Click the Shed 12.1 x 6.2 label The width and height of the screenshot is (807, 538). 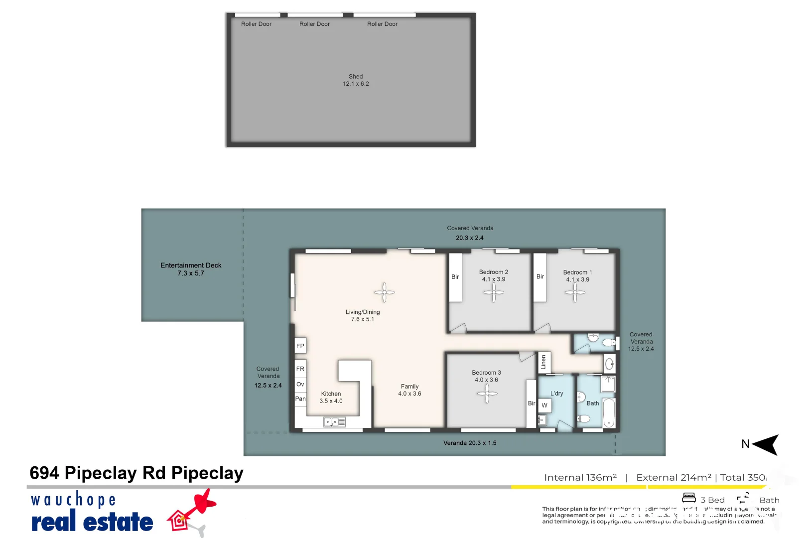(x=356, y=80)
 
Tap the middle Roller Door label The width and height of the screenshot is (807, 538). (x=314, y=24)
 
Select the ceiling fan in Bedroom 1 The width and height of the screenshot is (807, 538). (x=575, y=292)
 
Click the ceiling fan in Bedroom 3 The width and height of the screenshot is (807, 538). (x=487, y=394)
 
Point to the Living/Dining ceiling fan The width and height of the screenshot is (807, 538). (x=385, y=292)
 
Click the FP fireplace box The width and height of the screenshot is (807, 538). (x=300, y=346)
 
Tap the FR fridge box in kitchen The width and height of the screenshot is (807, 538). (x=300, y=369)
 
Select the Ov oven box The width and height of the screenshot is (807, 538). (x=300, y=385)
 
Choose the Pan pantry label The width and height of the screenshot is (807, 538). (x=300, y=399)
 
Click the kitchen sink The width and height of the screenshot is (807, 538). (x=334, y=422)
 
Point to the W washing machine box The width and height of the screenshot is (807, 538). (x=544, y=405)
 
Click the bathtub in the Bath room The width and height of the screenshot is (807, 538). (x=609, y=412)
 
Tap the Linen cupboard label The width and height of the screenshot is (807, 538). (x=543, y=362)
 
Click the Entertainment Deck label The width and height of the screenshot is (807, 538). (x=191, y=269)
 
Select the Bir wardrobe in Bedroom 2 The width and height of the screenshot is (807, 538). (x=455, y=277)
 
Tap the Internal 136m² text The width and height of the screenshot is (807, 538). (x=580, y=477)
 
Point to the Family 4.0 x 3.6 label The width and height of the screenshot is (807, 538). (x=409, y=390)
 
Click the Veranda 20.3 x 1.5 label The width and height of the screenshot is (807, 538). (x=470, y=443)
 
